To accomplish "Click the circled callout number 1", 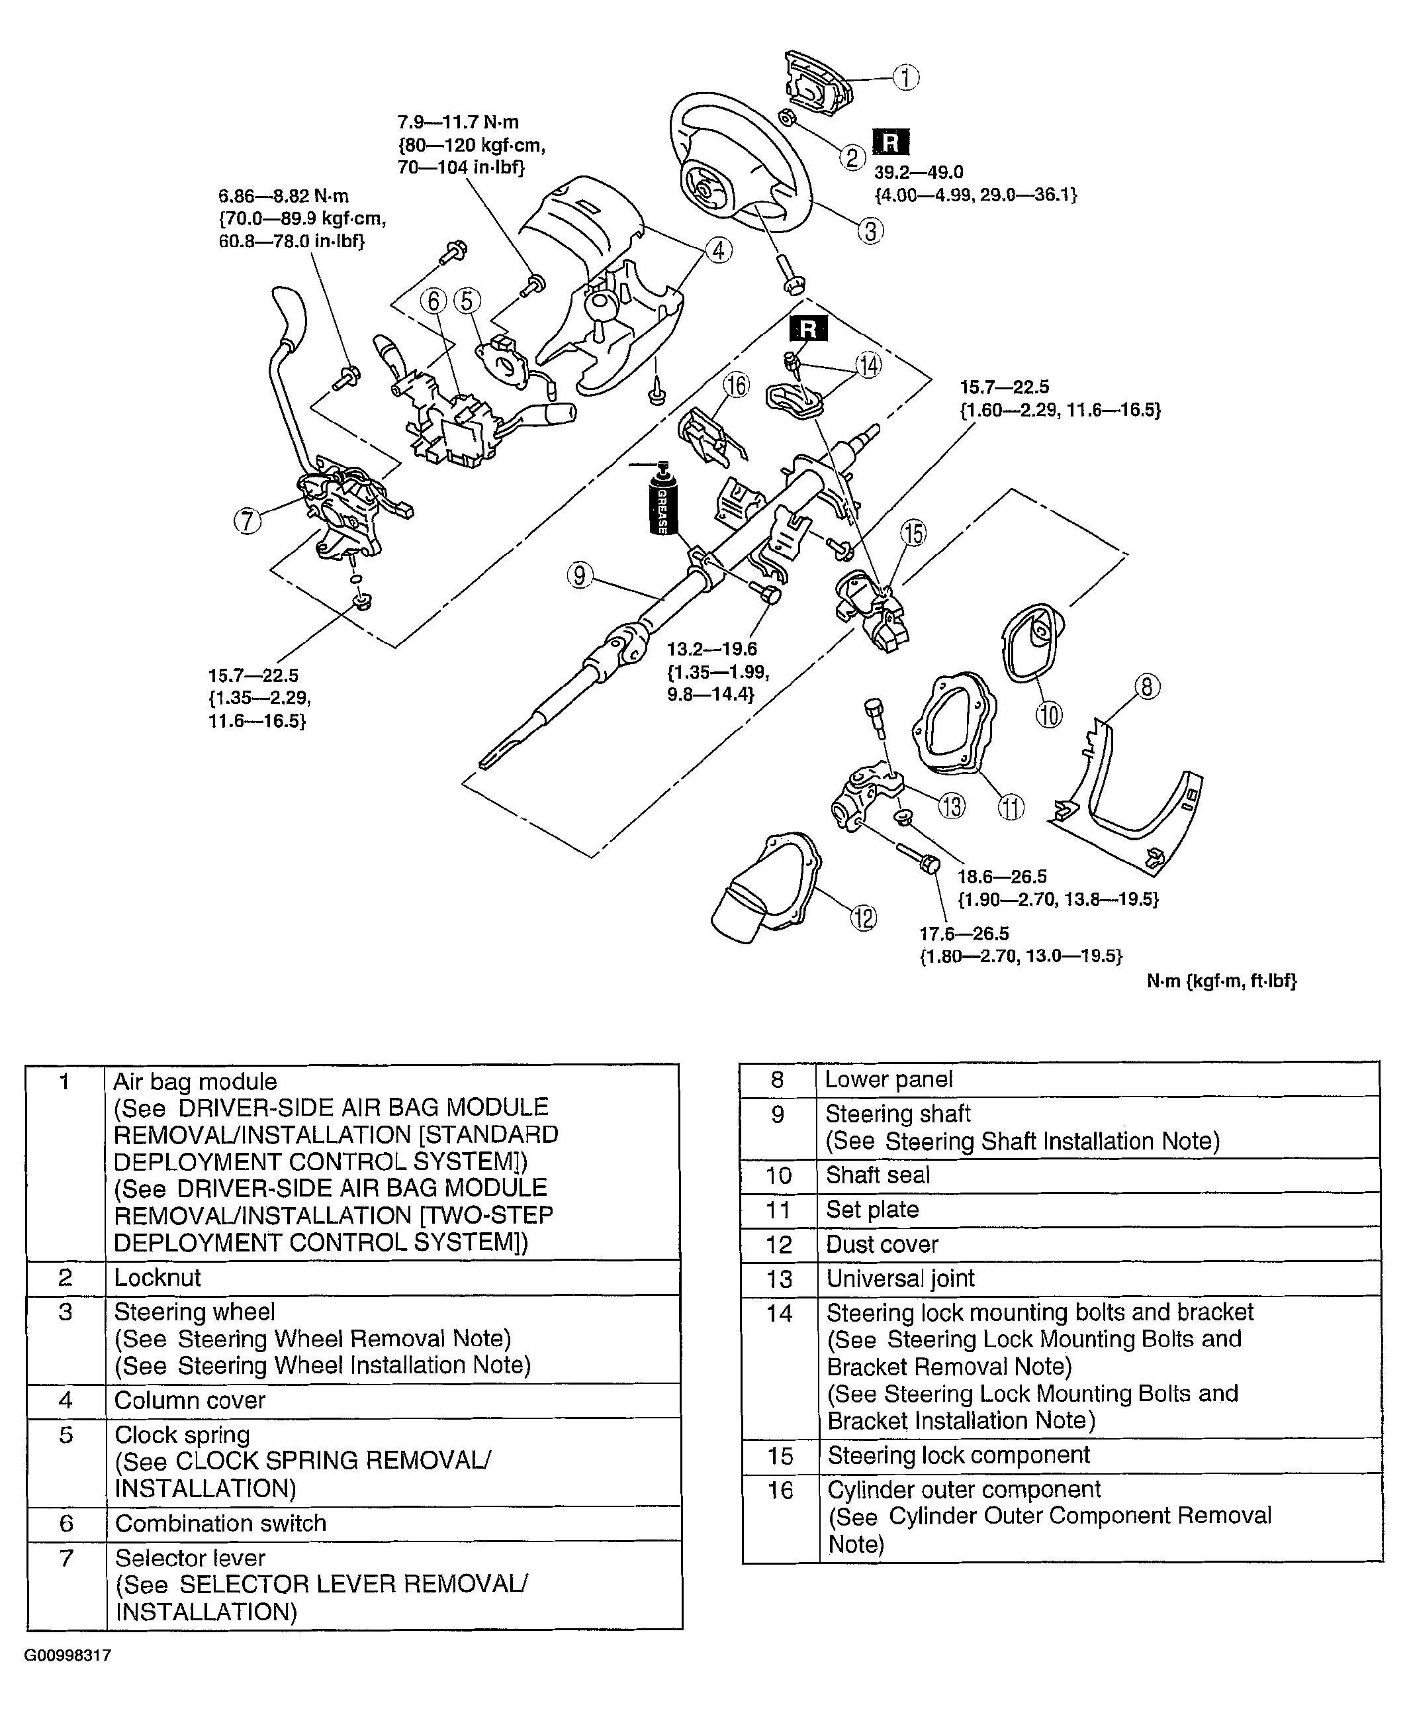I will point(906,78).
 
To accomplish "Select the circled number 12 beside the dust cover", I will point(864,918).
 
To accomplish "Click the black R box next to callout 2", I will point(890,142).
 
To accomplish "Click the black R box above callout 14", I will point(808,329).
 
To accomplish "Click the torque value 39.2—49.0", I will point(918,172).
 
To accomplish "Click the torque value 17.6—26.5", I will point(964,934).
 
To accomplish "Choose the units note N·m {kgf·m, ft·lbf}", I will point(1220,981).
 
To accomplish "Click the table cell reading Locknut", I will point(158,1277).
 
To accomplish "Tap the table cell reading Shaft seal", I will point(878,1175).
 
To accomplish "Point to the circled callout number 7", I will point(248,520).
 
